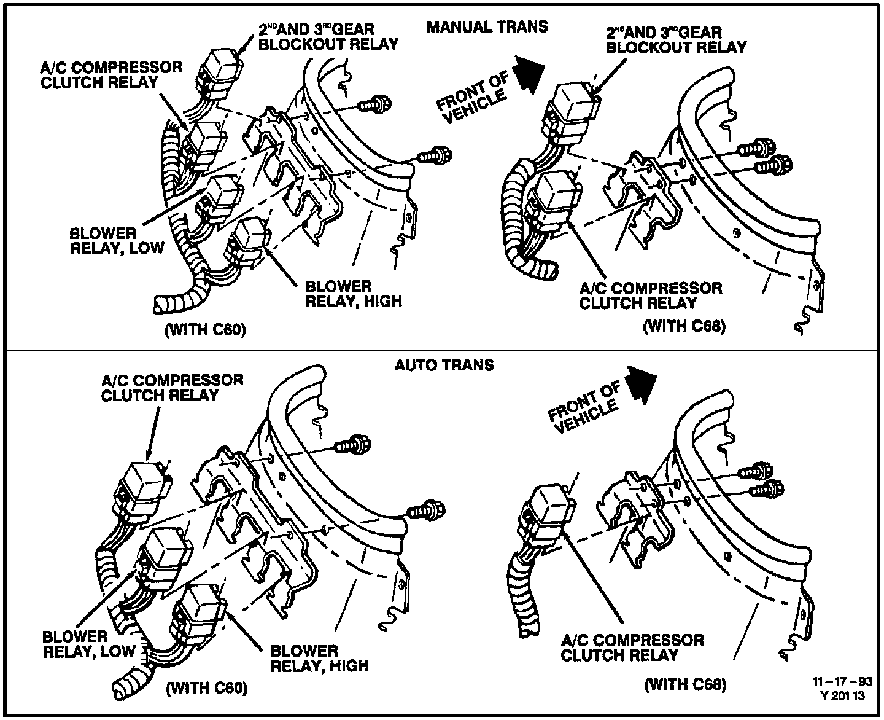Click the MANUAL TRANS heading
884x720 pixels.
pyautogui.click(x=487, y=27)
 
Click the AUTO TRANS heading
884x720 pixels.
pyautogui.click(x=444, y=365)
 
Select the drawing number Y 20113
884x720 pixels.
pyautogui.click(x=842, y=696)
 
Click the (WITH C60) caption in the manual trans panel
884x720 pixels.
pyautogui.click(x=205, y=331)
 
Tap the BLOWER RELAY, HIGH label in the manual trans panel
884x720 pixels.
pyautogui.click(x=353, y=294)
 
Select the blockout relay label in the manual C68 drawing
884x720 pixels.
pyautogui.click(x=676, y=39)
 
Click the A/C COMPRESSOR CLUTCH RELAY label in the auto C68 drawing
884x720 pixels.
pyautogui.click(x=632, y=648)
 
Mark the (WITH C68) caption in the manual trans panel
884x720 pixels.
pyautogui.click(x=684, y=326)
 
